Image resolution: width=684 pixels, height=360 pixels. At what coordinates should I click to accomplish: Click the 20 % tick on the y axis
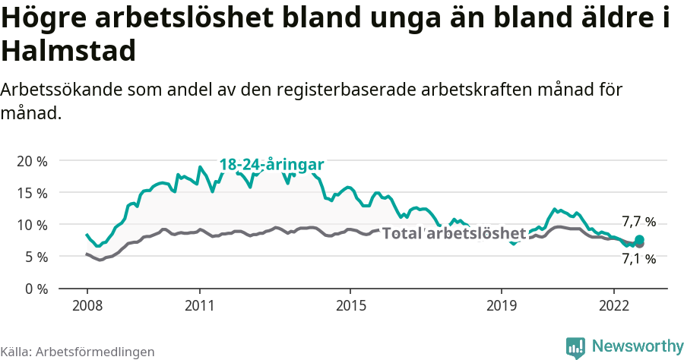click(x=32, y=161)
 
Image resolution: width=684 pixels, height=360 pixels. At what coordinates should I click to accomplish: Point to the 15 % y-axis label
click(x=32, y=193)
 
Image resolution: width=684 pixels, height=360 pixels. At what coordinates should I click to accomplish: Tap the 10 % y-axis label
click(x=32, y=225)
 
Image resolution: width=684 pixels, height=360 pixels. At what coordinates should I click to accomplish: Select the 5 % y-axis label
click(x=35, y=257)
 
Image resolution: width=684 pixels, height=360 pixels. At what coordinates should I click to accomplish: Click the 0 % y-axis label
click(x=35, y=289)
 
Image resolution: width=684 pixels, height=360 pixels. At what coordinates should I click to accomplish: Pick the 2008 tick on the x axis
click(x=87, y=305)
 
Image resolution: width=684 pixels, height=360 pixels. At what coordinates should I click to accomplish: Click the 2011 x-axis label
click(x=199, y=305)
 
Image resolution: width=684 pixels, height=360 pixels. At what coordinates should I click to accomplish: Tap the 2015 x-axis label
click(x=350, y=305)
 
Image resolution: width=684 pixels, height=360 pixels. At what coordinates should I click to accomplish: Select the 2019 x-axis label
click(x=501, y=305)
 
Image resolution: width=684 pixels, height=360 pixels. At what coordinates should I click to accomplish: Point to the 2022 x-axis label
click(x=613, y=305)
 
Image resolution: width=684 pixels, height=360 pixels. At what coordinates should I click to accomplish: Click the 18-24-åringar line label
click(x=272, y=165)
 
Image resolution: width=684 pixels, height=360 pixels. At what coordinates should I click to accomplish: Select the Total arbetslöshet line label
click(x=454, y=233)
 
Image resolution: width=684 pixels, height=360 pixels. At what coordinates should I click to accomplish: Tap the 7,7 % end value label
click(x=638, y=222)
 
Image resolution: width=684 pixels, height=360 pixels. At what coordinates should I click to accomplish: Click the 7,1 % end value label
click(x=638, y=259)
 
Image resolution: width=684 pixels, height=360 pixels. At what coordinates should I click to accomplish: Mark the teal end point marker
click(x=639, y=240)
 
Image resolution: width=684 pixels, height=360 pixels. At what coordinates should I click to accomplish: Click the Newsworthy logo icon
click(x=575, y=347)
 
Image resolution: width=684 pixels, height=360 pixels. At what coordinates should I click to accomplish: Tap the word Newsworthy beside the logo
click(x=638, y=346)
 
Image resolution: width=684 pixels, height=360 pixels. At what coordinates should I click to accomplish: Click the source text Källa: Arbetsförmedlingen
click(x=78, y=352)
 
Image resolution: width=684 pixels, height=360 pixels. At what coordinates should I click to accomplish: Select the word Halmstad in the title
click(x=68, y=51)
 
